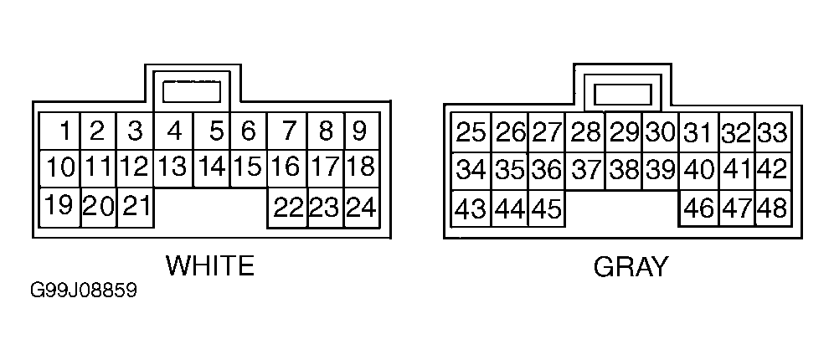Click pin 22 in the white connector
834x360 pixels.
pyautogui.click(x=286, y=207)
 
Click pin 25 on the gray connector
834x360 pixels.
pyautogui.click(x=471, y=132)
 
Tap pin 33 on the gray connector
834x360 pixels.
pyautogui.click(x=771, y=132)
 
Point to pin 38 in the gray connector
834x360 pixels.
pyautogui.click(x=624, y=170)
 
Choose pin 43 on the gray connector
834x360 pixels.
pyautogui.click(x=471, y=208)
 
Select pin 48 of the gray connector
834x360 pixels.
pyautogui.click(x=771, y=208)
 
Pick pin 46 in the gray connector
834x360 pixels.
pyautogui.click(x=698, y=208)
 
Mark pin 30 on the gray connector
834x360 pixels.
pyautogui.click(x=661, y=132)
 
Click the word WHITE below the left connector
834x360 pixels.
pyautogui.click(x=209, y=266)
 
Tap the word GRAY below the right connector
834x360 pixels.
pyautogui.click(x=631, y=267)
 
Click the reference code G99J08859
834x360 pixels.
pyautogui.click(x=83, y=293)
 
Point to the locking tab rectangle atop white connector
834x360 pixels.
pyautogui.click(x=191, y=90)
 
